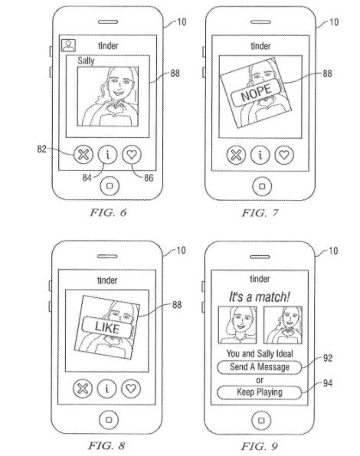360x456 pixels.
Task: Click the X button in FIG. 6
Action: [83, 154]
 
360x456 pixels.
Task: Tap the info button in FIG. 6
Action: [107, 154]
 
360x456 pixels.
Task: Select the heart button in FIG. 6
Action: [132, 154]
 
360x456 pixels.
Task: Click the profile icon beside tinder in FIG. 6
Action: [69, 45]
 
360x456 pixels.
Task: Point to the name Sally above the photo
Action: [86, 61]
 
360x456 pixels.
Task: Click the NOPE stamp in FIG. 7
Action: [257, 92]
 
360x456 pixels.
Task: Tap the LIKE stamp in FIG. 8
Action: [107, 327]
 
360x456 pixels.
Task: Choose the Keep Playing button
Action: [259, 392]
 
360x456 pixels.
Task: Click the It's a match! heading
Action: [259, 297]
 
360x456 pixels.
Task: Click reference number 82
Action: [42, 149]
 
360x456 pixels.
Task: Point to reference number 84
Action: [87, 177]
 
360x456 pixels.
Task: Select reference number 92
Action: [328, 358]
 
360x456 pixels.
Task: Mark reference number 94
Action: [328, 383]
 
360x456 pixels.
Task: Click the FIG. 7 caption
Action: [260, 213]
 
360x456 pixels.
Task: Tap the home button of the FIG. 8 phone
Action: [109, 420]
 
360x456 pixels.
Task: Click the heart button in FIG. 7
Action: [284, 154]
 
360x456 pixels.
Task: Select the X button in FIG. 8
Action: [83, 389]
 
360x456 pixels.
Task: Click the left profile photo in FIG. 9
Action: [237, 325]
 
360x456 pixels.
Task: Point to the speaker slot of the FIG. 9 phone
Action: [260, 257]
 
